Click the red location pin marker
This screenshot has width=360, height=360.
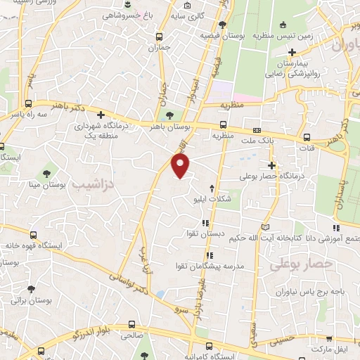(x=181, y=165)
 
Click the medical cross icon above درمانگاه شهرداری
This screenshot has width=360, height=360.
(x=101, y=115)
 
